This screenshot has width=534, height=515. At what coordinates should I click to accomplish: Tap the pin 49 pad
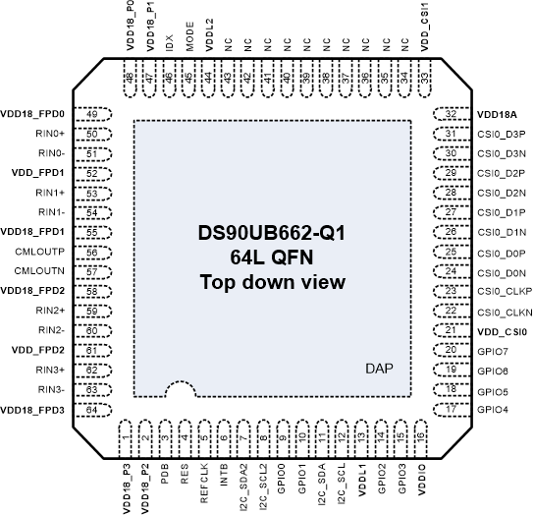pos(91,114)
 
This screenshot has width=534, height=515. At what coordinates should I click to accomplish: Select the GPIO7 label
pos(491,351)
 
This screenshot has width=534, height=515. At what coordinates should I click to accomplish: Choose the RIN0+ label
pos(51,133)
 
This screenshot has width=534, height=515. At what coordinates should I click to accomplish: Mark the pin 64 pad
pos(91,409)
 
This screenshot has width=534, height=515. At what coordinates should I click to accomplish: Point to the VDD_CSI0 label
pos(499,331)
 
